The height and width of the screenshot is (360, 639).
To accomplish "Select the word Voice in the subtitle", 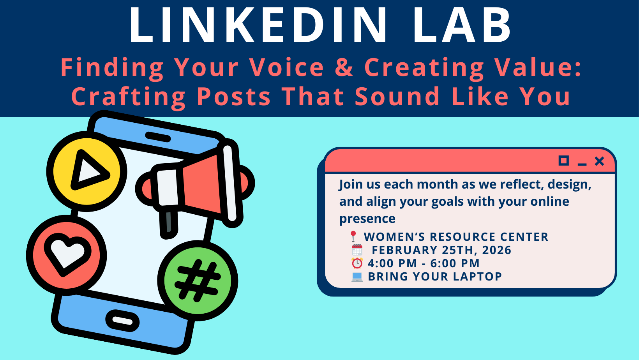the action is [287, 67].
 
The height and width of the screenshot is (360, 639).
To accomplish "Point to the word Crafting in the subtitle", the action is [128, 97].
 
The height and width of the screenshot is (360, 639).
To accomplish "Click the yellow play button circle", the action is [87, 171].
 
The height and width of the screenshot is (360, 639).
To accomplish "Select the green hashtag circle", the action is [198, 281].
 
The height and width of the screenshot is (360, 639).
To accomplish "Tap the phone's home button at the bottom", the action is [122, 321].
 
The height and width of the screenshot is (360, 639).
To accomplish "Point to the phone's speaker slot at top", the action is [158, 137].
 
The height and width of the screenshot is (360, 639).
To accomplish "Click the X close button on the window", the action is [599, 161].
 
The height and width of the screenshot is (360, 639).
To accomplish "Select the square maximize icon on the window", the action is [564, 161].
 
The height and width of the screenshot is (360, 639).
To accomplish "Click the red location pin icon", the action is [353, 236].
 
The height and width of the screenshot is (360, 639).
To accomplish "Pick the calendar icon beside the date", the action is [357, 250].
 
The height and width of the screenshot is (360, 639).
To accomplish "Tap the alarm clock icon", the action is [357, 263].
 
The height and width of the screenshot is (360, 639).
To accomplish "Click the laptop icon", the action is [357, 277].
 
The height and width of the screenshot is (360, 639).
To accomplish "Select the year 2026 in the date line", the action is [497, 250].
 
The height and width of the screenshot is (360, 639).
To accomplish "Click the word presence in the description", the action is [367, 219].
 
